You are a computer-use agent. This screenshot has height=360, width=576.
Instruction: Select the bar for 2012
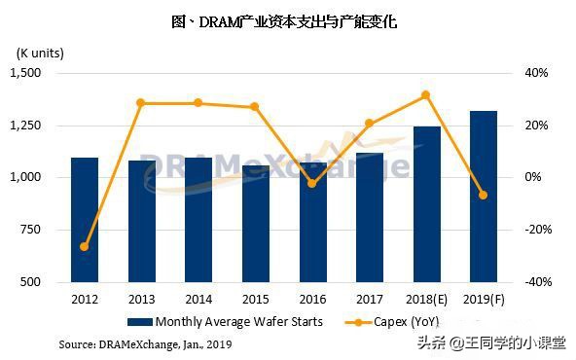(84, 219)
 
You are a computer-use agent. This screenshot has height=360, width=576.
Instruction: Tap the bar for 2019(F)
(483, 196)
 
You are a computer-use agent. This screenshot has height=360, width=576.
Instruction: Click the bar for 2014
(198, 219)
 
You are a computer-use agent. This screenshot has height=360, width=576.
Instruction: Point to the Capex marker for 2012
(84, 247)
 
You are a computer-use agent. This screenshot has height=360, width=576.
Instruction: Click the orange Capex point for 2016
(311, 183)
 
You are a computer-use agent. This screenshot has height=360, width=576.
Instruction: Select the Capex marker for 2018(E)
(426, 94)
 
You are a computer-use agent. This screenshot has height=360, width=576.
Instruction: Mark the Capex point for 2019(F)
(483, 195)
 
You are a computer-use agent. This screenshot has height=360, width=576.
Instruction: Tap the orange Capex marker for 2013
(141, 102)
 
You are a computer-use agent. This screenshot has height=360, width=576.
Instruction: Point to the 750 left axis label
(32, 230)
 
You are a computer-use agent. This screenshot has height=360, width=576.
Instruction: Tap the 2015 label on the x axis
(255, 300)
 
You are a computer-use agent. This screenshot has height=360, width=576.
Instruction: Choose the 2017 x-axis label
(369, 300)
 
